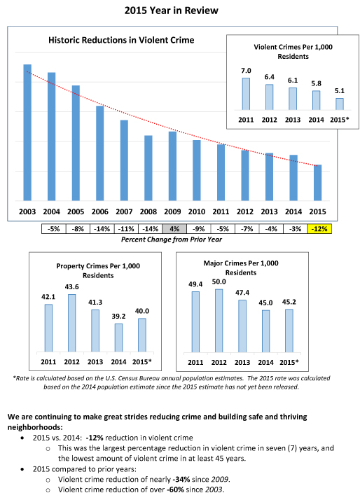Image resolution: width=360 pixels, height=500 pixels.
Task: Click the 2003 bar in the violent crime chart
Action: tap(27, 132)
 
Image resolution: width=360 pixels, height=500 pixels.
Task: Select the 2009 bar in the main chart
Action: tap(172, 166)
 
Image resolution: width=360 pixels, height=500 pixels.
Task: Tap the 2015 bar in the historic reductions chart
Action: tap(317, 183)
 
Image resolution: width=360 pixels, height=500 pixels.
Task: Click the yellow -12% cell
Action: tap(319, 228)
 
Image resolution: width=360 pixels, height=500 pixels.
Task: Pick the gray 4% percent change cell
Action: tap(174, 228)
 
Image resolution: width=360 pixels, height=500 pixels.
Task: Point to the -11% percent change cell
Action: tap(126, 228)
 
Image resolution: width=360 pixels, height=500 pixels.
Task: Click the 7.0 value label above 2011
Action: tap(246, 71)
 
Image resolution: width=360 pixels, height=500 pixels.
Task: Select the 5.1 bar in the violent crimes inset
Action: tap(340, 104)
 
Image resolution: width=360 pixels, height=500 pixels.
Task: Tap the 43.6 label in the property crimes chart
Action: tap(71, 287)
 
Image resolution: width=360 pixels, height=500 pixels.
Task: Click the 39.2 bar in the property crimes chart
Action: tap(118, 338)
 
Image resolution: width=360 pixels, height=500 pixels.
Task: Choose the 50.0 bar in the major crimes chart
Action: tap(219, 321)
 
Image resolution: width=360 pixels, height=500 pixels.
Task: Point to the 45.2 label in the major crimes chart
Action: tap(289, 302)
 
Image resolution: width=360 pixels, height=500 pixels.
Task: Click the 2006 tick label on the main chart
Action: tap(99, 211)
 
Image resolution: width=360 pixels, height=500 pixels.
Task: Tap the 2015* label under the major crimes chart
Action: tap(289, 362)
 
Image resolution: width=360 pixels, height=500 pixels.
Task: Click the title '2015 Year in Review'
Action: tap(172, 11)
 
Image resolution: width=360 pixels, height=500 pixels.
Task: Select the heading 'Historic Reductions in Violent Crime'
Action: tap(121, 40)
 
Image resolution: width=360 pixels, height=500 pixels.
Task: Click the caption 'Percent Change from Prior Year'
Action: tap(172, 239)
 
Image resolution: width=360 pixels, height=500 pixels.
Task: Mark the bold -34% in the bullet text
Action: tap(181, 479)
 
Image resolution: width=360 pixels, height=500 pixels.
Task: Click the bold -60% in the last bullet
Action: tap(175, 489)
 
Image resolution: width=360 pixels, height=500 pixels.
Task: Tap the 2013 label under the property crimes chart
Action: tap(95, 362)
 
